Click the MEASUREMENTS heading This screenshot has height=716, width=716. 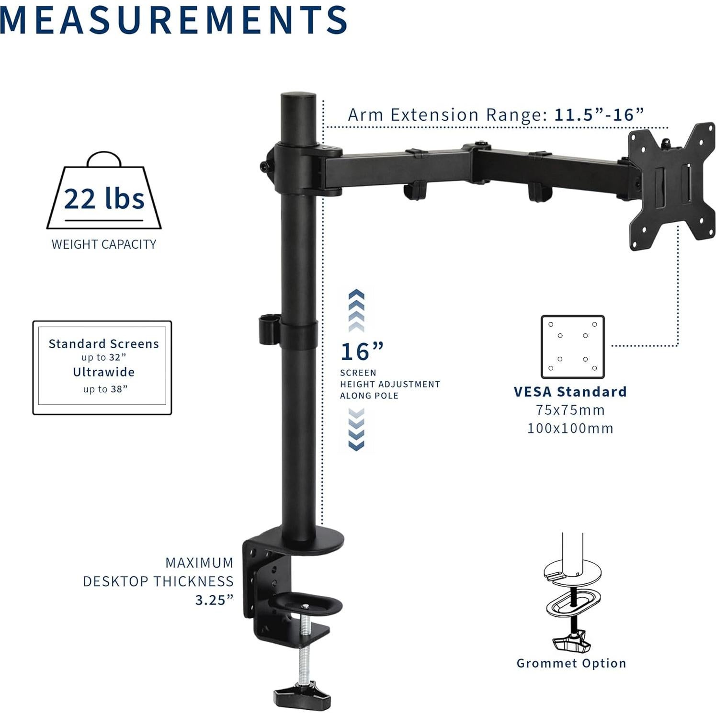(x=173, y=20)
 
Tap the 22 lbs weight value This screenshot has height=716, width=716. (x=104, y=199)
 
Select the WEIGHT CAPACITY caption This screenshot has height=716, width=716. (x=104, y=244)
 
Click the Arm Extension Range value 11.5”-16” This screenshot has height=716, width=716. (x=599, y=115)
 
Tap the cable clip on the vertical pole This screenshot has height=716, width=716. (x=268, y=330)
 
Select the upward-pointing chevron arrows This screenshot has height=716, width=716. (x=356, y=310)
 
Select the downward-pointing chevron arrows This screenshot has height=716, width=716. (x=356, y=430)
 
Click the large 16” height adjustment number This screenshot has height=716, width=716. (x=362, y=352)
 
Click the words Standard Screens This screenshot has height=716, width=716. (x=103, y=344)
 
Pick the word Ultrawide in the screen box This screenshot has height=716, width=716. (x=103, y=372)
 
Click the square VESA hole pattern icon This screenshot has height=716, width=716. (x=572, y=347)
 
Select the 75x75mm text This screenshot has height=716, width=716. (x=570, y=410)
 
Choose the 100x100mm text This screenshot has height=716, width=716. (x=570, y=428)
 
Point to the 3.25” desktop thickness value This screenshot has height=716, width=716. (x=214, y=600)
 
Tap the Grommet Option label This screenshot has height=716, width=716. (x=571, y=663)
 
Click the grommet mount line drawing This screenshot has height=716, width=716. (x=571, y=599)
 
